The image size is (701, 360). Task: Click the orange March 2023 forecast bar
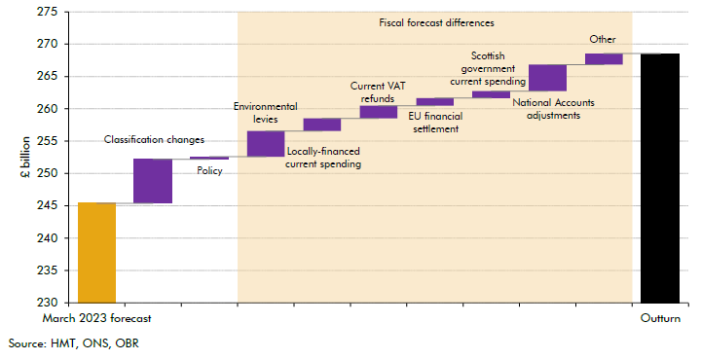[96, 253]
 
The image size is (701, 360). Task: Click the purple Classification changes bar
[153, 181]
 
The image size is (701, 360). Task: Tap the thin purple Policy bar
[209, 158]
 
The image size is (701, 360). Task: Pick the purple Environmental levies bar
[266, 143]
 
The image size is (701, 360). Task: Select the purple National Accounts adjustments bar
[547, 78]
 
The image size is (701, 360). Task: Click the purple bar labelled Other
[604, 59]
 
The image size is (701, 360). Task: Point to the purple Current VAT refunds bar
[379, 112]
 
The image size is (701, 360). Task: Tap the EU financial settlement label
[435, 123]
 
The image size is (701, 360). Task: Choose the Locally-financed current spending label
[323, 159]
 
